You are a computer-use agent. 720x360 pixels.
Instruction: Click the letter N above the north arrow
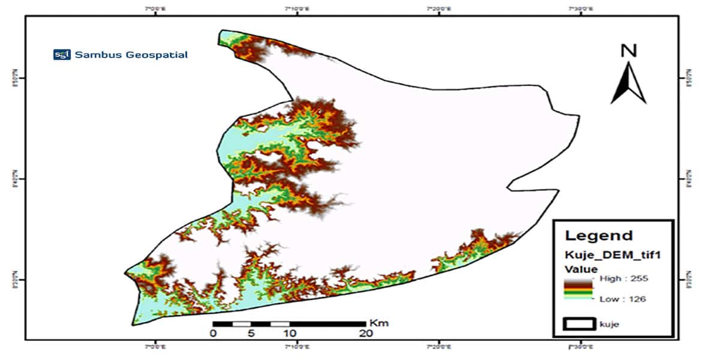point(628,51)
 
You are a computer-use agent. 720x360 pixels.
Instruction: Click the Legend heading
point(590,236)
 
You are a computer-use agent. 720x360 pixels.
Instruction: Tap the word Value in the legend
point(580,269)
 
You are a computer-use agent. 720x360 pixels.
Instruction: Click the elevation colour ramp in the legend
point(578,289)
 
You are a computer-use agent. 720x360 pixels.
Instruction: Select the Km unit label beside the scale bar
point(379,323)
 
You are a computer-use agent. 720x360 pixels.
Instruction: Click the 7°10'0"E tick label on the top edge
point(298,9)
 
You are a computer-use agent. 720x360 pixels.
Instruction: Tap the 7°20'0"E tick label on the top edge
point(439,9)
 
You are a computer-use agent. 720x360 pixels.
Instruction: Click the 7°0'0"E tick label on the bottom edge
point(156,346)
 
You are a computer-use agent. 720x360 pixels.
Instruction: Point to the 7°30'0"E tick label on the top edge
point(581,9)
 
